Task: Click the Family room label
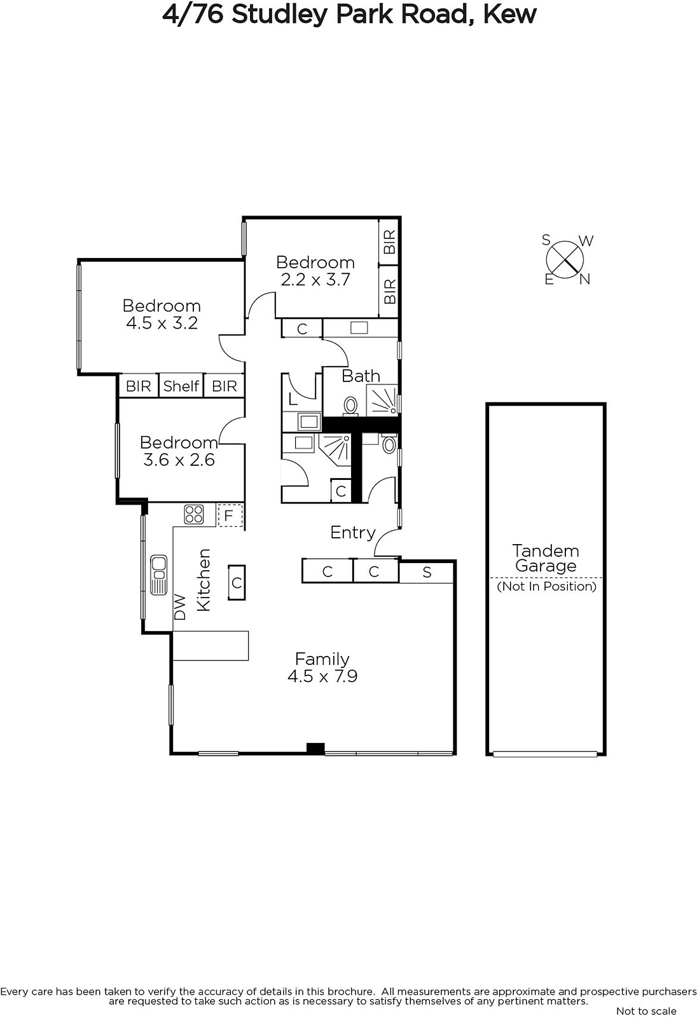[322, 659]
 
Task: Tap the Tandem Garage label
[546, 558]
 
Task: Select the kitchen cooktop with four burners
[193, 515]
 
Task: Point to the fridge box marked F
[230, 515]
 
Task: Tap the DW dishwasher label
[181, 607]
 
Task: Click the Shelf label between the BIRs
[181, 386]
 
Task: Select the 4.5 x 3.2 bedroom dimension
[162, 323]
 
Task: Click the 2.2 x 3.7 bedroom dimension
[315, 279]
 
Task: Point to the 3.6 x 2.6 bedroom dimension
[179, 460]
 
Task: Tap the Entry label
[352, 533]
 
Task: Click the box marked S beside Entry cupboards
[426, 572]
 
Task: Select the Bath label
[361, 376]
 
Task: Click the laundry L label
[293, 399]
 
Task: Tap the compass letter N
[585, 280]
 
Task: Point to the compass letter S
[546, 240]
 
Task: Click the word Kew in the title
[509, 14]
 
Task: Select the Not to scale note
[646, 1011]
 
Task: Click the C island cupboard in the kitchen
[237, 582]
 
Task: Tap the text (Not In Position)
[547, 586]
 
